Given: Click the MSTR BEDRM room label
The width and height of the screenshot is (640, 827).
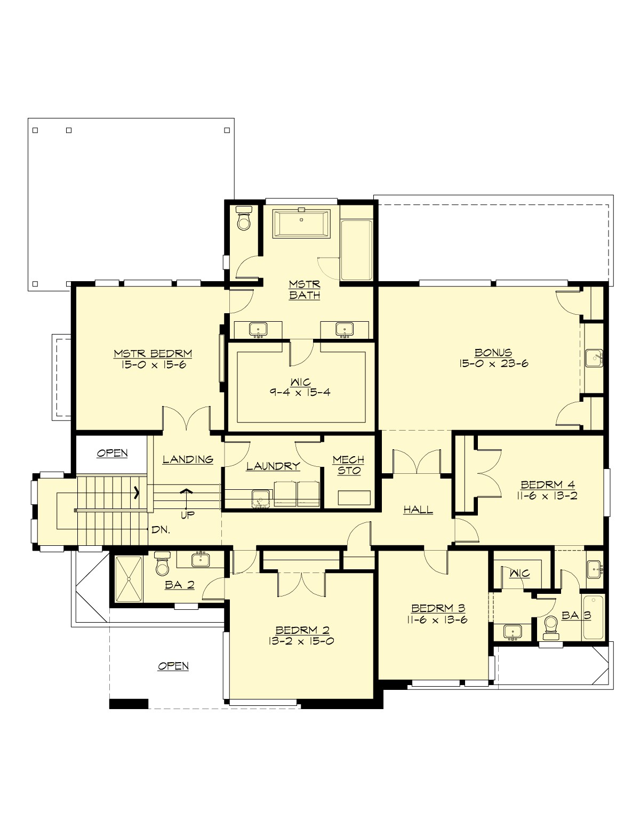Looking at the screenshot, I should pos(153,354).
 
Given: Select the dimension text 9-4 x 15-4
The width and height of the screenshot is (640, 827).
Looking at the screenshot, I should pos(300,392).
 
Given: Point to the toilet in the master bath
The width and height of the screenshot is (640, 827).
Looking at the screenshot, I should pos(244,219).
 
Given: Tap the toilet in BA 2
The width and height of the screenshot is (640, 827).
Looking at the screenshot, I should pos(162,564).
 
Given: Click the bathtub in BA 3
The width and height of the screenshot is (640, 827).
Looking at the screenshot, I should pos(593,617).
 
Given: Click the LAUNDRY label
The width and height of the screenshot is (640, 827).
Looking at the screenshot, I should pos(273,466).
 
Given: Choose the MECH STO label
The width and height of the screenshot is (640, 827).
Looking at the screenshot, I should pos(348,465).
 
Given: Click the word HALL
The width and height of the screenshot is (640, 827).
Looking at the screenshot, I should pos(418,510).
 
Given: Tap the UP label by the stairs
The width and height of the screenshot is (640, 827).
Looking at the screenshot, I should pos(187,515).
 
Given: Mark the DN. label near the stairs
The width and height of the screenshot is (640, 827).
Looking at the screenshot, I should pos(161,530).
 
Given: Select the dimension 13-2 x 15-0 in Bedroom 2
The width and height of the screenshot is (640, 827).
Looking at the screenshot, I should pos(301,641).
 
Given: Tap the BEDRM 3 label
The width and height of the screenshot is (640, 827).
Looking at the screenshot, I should pos(438,608).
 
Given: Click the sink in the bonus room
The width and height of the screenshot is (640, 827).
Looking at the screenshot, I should pos(593,358).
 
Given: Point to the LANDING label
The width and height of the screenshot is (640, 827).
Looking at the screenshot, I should pos(188,459).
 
